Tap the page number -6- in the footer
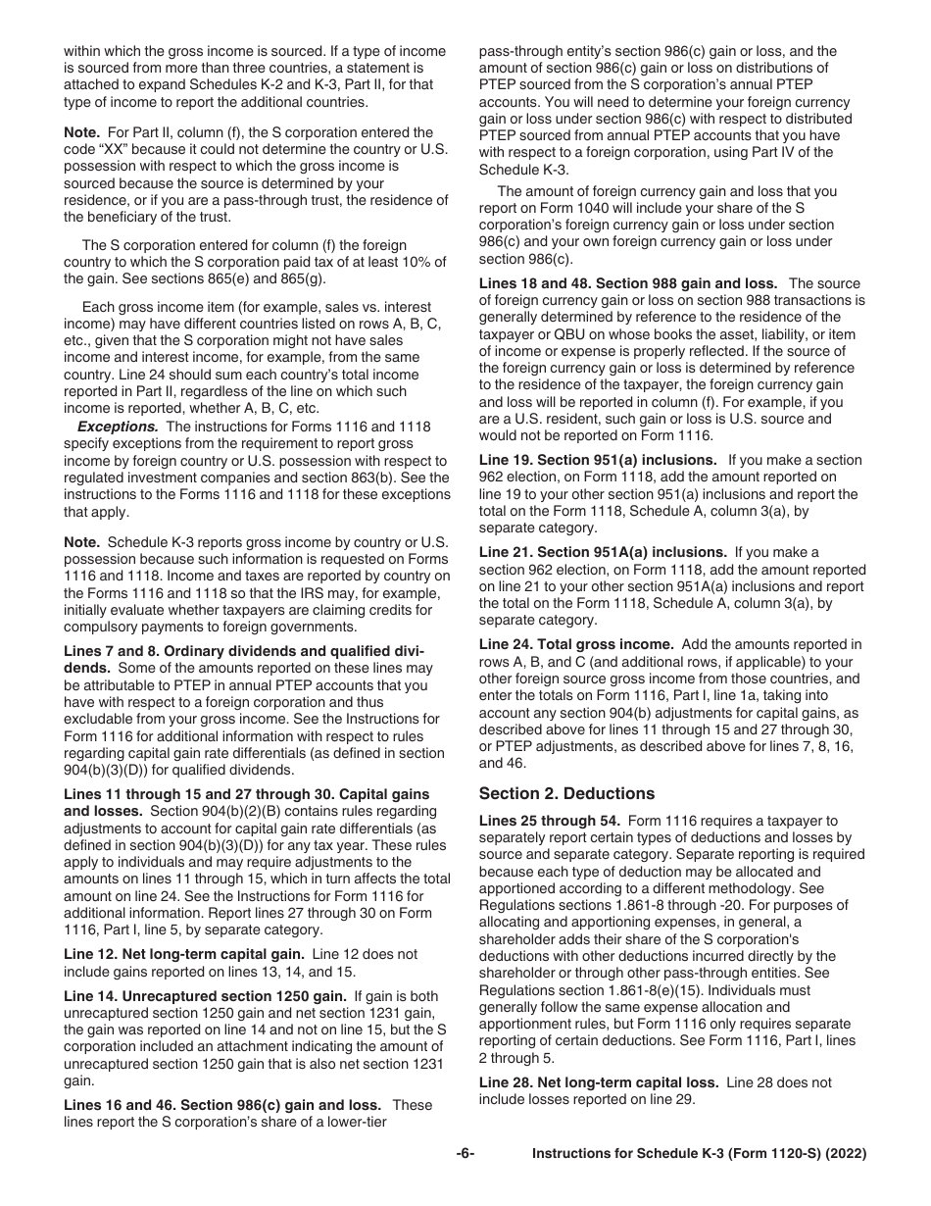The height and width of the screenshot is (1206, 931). [x=465, y=1154]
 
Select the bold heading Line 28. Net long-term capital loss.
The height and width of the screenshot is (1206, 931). [x=599, y=1082]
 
